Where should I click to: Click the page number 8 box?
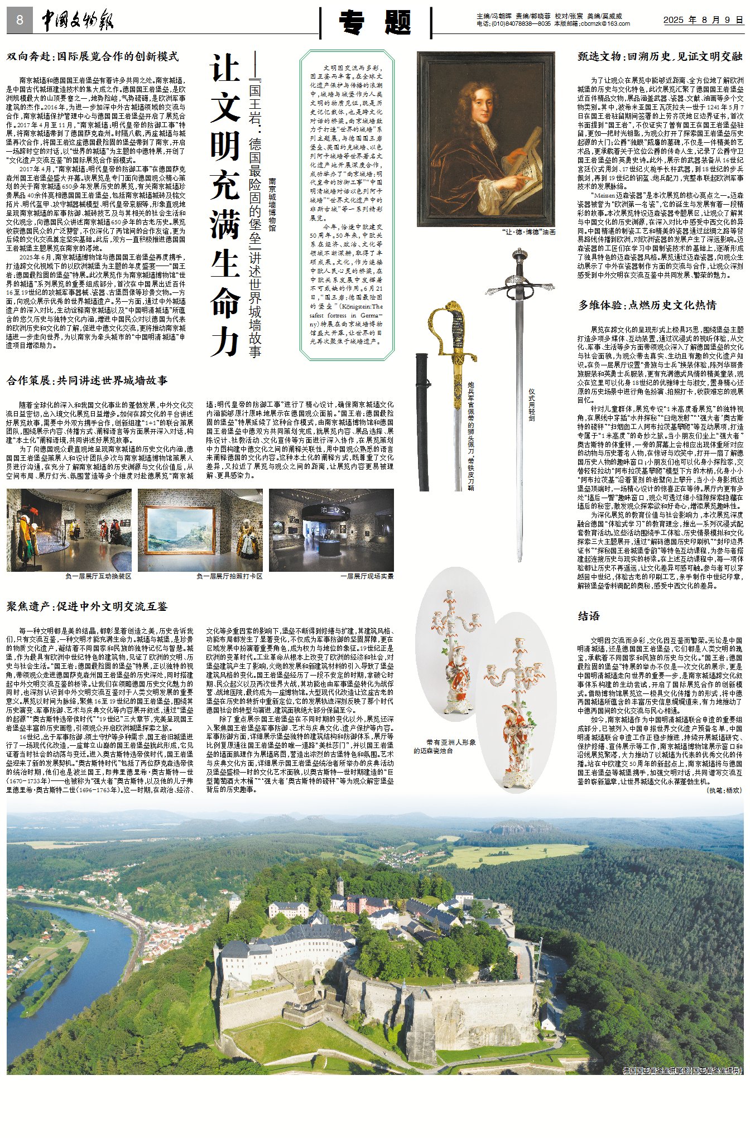(20, 21)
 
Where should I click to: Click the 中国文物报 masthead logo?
(78, 21)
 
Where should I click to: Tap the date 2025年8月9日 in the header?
(703, 20)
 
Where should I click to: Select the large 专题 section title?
(376, 23)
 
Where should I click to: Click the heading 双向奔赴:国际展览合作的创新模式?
(93, 56)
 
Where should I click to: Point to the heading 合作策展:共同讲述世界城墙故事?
(87, 380)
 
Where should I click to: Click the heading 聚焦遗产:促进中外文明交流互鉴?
(87, 606)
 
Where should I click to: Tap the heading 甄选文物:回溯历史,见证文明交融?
(660, 56)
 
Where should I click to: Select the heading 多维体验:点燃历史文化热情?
(647, 305)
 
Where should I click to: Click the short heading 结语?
(589, 616)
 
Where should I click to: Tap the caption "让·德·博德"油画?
(528, 232)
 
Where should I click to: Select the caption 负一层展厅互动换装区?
(98, 576)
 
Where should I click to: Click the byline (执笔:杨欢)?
(724, 790)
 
